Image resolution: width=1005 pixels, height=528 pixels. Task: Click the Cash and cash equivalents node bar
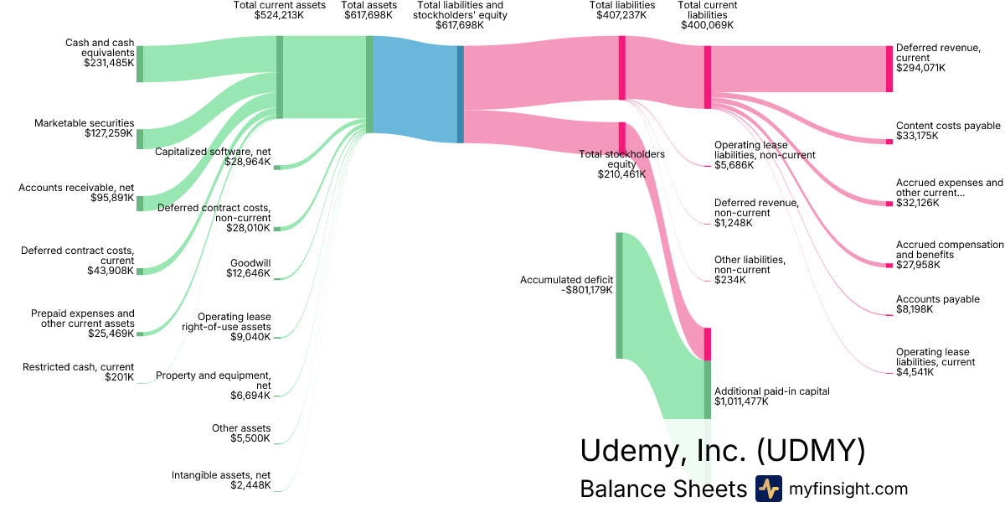pyautogui.click(x=140, y=64)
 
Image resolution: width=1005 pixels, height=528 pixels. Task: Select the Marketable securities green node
pyautogui.click(x=140, y=139)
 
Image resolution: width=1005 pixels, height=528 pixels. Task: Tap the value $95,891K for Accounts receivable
pyautogui.click(x=112, y=199)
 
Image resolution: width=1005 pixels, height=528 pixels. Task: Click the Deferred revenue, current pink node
pyautogui.click(x=889, y=69)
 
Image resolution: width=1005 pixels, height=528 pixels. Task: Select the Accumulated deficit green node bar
pyautogui.click(x=620, y=295)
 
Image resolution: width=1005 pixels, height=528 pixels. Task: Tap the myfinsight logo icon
pyautogui.click(x=768, y=489)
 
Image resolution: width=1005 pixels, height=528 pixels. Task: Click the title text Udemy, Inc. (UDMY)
pyautogui.click(x=722, y=451)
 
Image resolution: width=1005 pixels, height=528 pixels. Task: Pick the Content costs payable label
pyautogui.click(x=948, y=126)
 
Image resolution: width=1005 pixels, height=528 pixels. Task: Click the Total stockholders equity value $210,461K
pyautogui.click(x=621, y=174)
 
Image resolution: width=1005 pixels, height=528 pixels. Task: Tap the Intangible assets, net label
pyautogui.click(x=221, y=474)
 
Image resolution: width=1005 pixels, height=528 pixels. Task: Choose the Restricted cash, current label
pyautogui.click(x=78, y=366)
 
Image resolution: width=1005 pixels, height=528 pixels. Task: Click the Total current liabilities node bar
pyautogui.click(x=708, y=77)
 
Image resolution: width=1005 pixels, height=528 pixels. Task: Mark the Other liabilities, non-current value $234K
pyautogui.click(x=729, y=280)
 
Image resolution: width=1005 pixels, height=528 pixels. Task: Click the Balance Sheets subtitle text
pyautogui.click(x=662, y=489)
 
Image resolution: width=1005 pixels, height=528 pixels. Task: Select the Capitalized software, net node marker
pyautogui.click(x=277, y=168)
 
